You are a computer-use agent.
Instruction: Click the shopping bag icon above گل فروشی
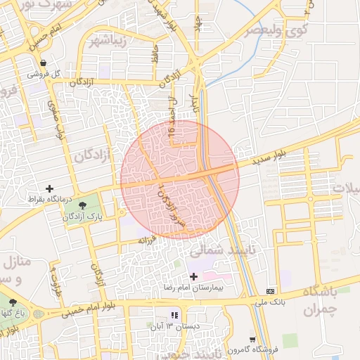(x=44, y=62)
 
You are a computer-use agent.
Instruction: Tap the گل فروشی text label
(x=44, y=73)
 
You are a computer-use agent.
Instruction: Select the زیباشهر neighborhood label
(x=109, y=39)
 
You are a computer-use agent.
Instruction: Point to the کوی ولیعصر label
(x=276, y=31)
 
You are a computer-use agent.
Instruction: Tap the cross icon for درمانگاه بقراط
(x=49, y=188)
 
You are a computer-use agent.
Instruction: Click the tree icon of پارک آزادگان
(x=84, y=205)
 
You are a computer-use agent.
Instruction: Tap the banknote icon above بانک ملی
(x=270, y=291)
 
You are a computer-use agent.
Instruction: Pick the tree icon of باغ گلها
(x=13, y=302)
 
